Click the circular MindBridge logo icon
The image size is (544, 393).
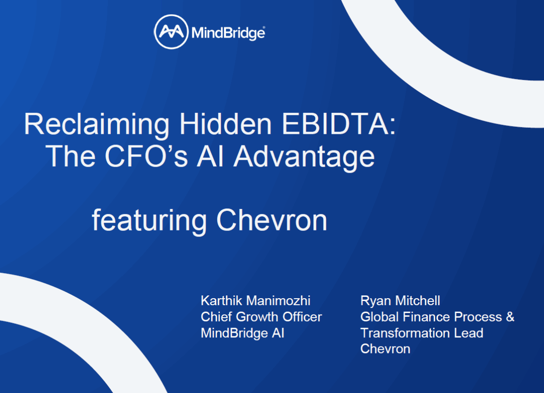coord(171,32)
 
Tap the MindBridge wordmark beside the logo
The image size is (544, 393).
coord(228,33)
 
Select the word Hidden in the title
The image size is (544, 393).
coord(226,124)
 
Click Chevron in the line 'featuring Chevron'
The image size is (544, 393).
coord(272,220)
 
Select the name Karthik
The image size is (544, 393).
coord(221,301)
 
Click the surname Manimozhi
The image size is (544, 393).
coord(278,301)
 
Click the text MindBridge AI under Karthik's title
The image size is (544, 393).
coord(243,334)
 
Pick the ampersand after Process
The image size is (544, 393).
coord(510,317)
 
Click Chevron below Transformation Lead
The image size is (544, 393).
coord(385,349)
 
